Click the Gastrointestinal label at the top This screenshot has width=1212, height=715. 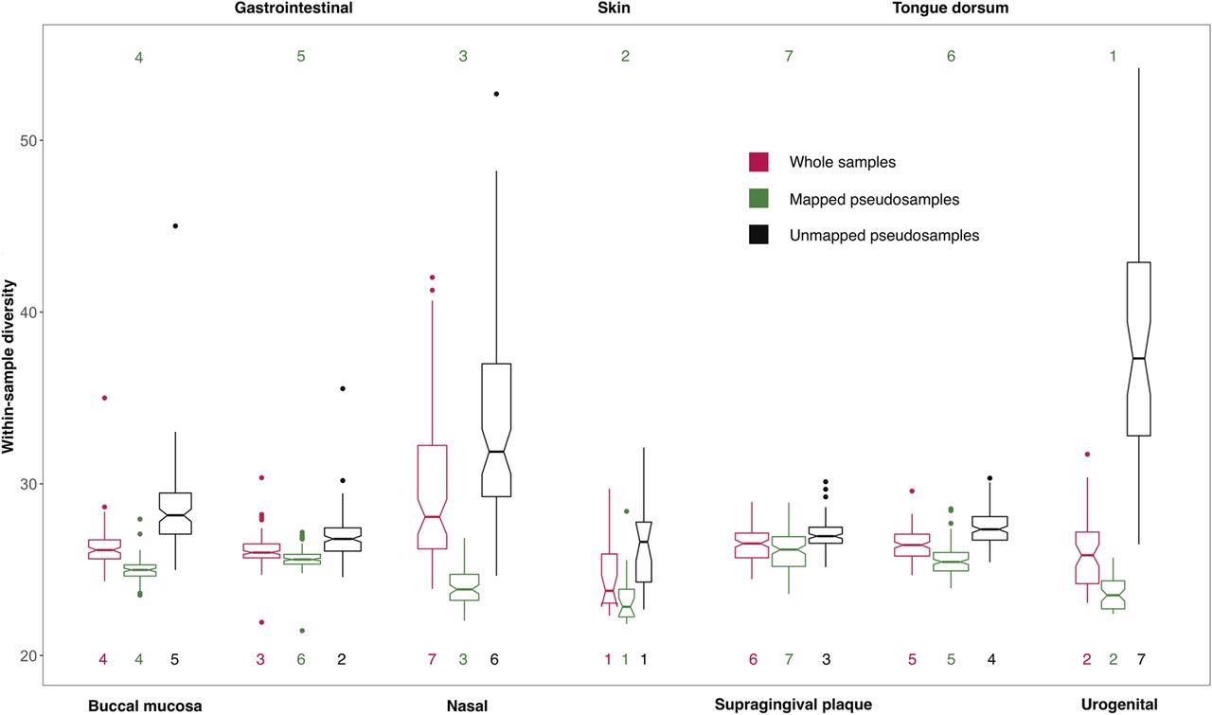tap(294, 8)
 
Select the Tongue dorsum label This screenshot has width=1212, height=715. tap(951, 8)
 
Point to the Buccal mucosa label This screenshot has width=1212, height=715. tap(145, 706)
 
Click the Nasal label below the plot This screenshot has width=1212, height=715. tap(467, 706)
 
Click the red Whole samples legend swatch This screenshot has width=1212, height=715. tap(757, 162)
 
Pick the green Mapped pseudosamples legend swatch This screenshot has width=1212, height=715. tap(757, 199)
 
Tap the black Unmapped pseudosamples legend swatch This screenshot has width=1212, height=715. tap(757, 236)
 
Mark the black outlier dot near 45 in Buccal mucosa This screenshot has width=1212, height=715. tap(175, 225)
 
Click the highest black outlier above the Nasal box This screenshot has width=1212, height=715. tap(496, 94)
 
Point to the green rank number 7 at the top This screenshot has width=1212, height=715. tap(790, 57)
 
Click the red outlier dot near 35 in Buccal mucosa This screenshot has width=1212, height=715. tap(104, 398)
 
